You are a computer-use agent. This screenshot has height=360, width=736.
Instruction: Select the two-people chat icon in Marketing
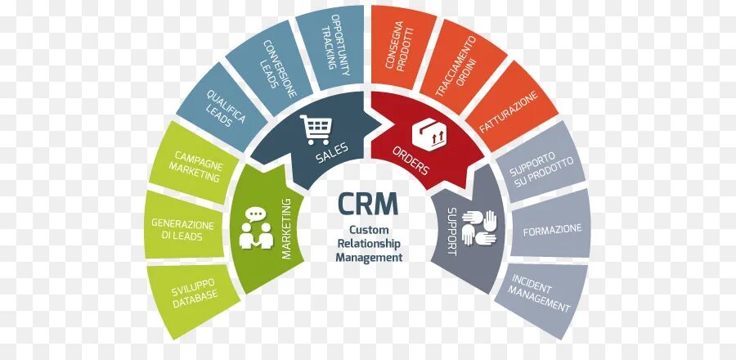pos(257,229)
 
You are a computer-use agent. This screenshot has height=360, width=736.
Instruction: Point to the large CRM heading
pos(370,202)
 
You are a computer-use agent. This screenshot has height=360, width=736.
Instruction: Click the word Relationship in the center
pos(369,244)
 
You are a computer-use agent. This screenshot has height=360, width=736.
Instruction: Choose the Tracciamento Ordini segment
pos(459,70)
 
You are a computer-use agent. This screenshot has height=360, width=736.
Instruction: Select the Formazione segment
pos(554,227)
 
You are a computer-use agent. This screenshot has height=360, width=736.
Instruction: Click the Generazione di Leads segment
pos(183,229)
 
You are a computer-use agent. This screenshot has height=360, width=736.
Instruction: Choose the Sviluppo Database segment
pos(195,295)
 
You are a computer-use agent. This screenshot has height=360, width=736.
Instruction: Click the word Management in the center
pos(369,257)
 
